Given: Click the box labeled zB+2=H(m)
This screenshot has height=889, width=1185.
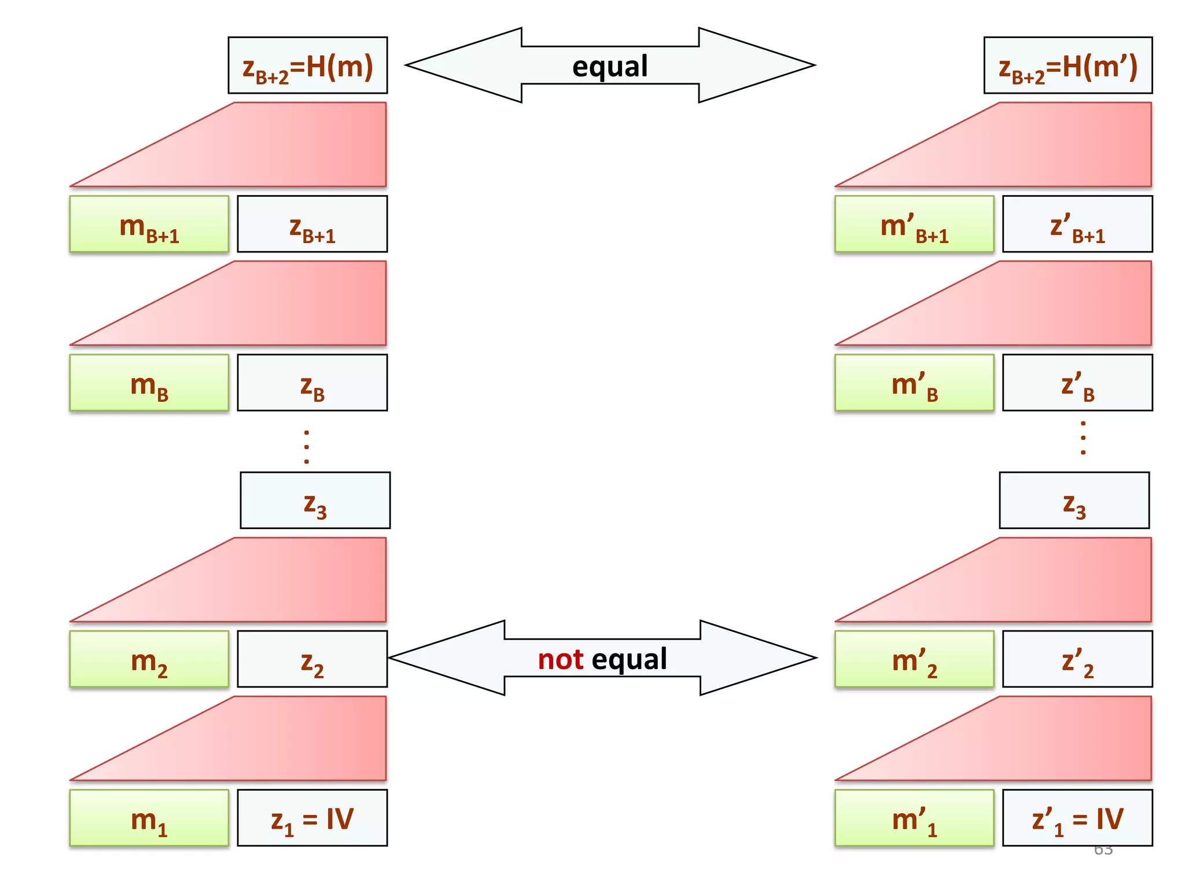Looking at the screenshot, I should click(x=308, y=65).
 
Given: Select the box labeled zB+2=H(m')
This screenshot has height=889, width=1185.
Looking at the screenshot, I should click(x=1068, y=65).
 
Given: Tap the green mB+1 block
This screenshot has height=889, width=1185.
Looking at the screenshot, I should click(x=149, y=224).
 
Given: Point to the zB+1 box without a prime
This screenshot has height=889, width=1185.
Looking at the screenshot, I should click(x=312, y=224).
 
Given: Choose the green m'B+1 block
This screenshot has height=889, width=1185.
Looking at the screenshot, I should click(x=914, y=224).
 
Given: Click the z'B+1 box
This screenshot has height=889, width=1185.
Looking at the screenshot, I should click(x=1077, y=224).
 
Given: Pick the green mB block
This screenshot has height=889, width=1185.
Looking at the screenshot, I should click(x=149, y=383).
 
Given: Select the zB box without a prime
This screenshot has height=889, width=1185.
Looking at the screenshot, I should click(x=312, y=383).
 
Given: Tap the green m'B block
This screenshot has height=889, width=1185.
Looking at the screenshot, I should click(x=914, y=383).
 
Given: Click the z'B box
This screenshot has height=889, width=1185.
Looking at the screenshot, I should click(x=1077, y=383).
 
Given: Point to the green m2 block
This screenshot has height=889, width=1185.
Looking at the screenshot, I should click(x=149, y=659).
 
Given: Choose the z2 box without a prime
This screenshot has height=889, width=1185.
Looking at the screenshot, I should click(x=312, y=659).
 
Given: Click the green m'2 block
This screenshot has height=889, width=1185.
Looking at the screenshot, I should click(x=914, y=659).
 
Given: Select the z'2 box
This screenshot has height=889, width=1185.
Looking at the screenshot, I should click(x=1077, y=659).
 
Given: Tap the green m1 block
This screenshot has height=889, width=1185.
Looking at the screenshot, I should click(x=149, y=818).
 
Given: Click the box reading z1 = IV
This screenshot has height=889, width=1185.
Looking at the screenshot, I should click(x=312, y=818).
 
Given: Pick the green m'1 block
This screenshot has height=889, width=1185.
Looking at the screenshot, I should click(x=914, y=818).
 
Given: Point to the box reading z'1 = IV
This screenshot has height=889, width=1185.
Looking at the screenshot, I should click(x=1077, y=818).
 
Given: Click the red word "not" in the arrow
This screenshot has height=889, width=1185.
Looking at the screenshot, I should click(x=560, y=659).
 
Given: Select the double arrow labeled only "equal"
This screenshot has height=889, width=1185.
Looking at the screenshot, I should click(x=610, y=65).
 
